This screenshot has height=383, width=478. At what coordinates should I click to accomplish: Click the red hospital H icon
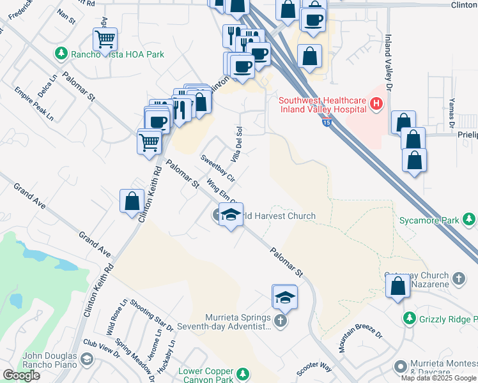[377, 103]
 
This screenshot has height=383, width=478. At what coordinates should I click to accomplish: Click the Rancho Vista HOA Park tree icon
[61, 54]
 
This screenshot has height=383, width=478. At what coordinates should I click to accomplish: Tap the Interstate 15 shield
[326, 121]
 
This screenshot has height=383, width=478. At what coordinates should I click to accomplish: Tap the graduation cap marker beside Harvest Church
[231, 214]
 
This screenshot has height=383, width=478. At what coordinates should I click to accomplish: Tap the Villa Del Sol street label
[236, 142]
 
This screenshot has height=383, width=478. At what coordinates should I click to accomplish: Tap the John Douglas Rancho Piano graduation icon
[85, 361]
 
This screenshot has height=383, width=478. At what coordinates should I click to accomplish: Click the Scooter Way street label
[314, 369]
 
